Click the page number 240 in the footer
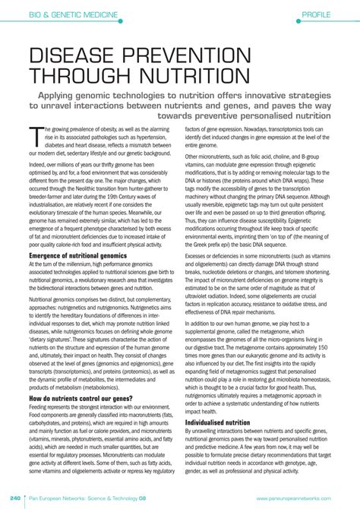pyautogui.click(x=15, y=498)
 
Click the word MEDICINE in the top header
pyautogui.click(x=102, y=14)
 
